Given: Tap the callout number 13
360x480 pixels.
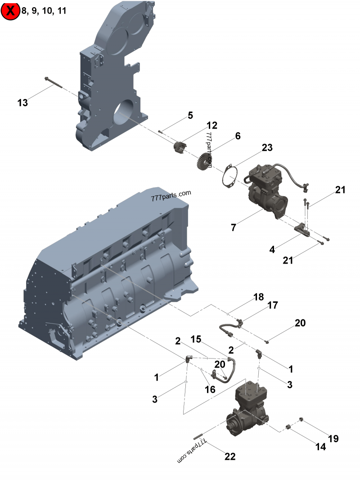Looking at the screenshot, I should [x=22, y=103].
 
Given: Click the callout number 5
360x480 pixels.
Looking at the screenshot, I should [x=190, y=116].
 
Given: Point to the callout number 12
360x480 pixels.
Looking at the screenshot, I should [x=212, y=125].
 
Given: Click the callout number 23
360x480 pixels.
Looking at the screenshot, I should [x=267, y=148].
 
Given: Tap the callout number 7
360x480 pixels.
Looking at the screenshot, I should [x=233, y=228].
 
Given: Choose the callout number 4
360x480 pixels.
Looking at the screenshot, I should [x=272, y=249].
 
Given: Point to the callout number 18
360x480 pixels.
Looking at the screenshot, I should [x=258, y=297].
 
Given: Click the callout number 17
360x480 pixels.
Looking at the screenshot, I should [x=273, y=305].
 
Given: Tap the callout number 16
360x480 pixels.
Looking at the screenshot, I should [x=210, y=390].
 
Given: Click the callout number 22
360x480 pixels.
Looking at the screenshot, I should [x=230, y=456].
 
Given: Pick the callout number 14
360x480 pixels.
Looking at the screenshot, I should [x=320, y=447].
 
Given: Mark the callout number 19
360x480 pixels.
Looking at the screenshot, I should [x=333, y=439].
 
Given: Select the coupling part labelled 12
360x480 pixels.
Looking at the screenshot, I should [x=180, y=148].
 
